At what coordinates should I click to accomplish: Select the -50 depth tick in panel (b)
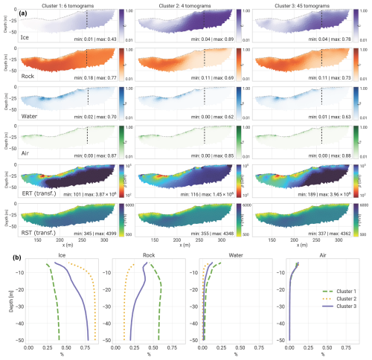(x=21, y=340)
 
